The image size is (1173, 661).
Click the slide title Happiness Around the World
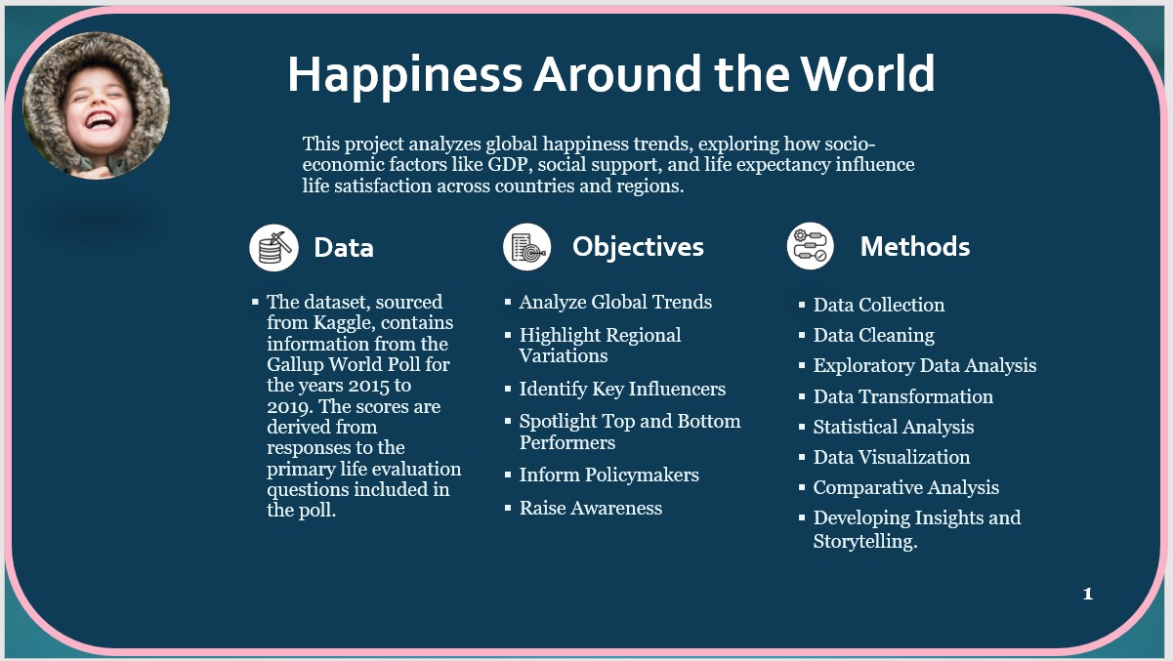coord(611,74)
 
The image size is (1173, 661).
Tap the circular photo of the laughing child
coord(97,105)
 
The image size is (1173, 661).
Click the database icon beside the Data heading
coord(273,248)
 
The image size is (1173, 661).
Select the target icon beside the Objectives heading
coord(526,246)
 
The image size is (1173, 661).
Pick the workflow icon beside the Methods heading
coord(810,246)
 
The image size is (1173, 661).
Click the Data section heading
coord(344,248)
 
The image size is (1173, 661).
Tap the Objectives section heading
coord(638,247)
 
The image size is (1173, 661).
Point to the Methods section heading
coord(915,246)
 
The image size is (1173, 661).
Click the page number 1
coord(1088,594)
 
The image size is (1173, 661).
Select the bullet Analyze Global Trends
coord(615,302)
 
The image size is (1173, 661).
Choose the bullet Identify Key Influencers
coord(622,389)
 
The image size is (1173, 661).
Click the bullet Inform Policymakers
coord(609,475)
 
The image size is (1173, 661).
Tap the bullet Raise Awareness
coord(591,508)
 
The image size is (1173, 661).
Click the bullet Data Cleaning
coord(873,336)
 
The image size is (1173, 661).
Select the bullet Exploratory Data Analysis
coord(925,366)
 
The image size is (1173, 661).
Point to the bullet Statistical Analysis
coord(894,427)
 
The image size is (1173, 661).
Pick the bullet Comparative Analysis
coord(906,488)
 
